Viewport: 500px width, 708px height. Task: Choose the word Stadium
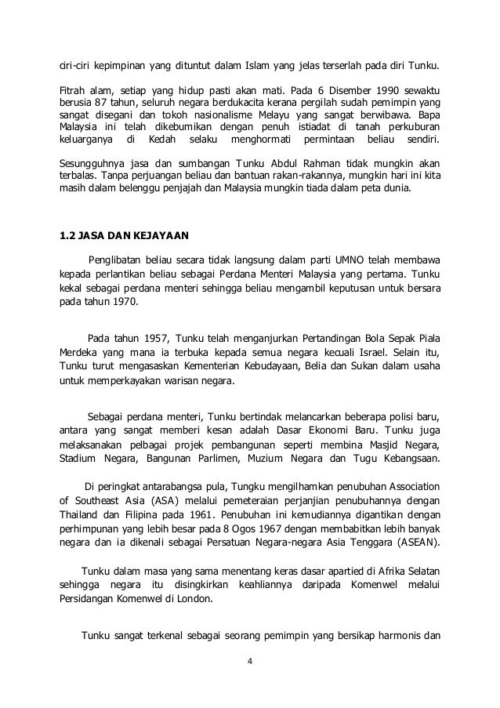click(78, 458)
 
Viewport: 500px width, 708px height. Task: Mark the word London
click(197, 599)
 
